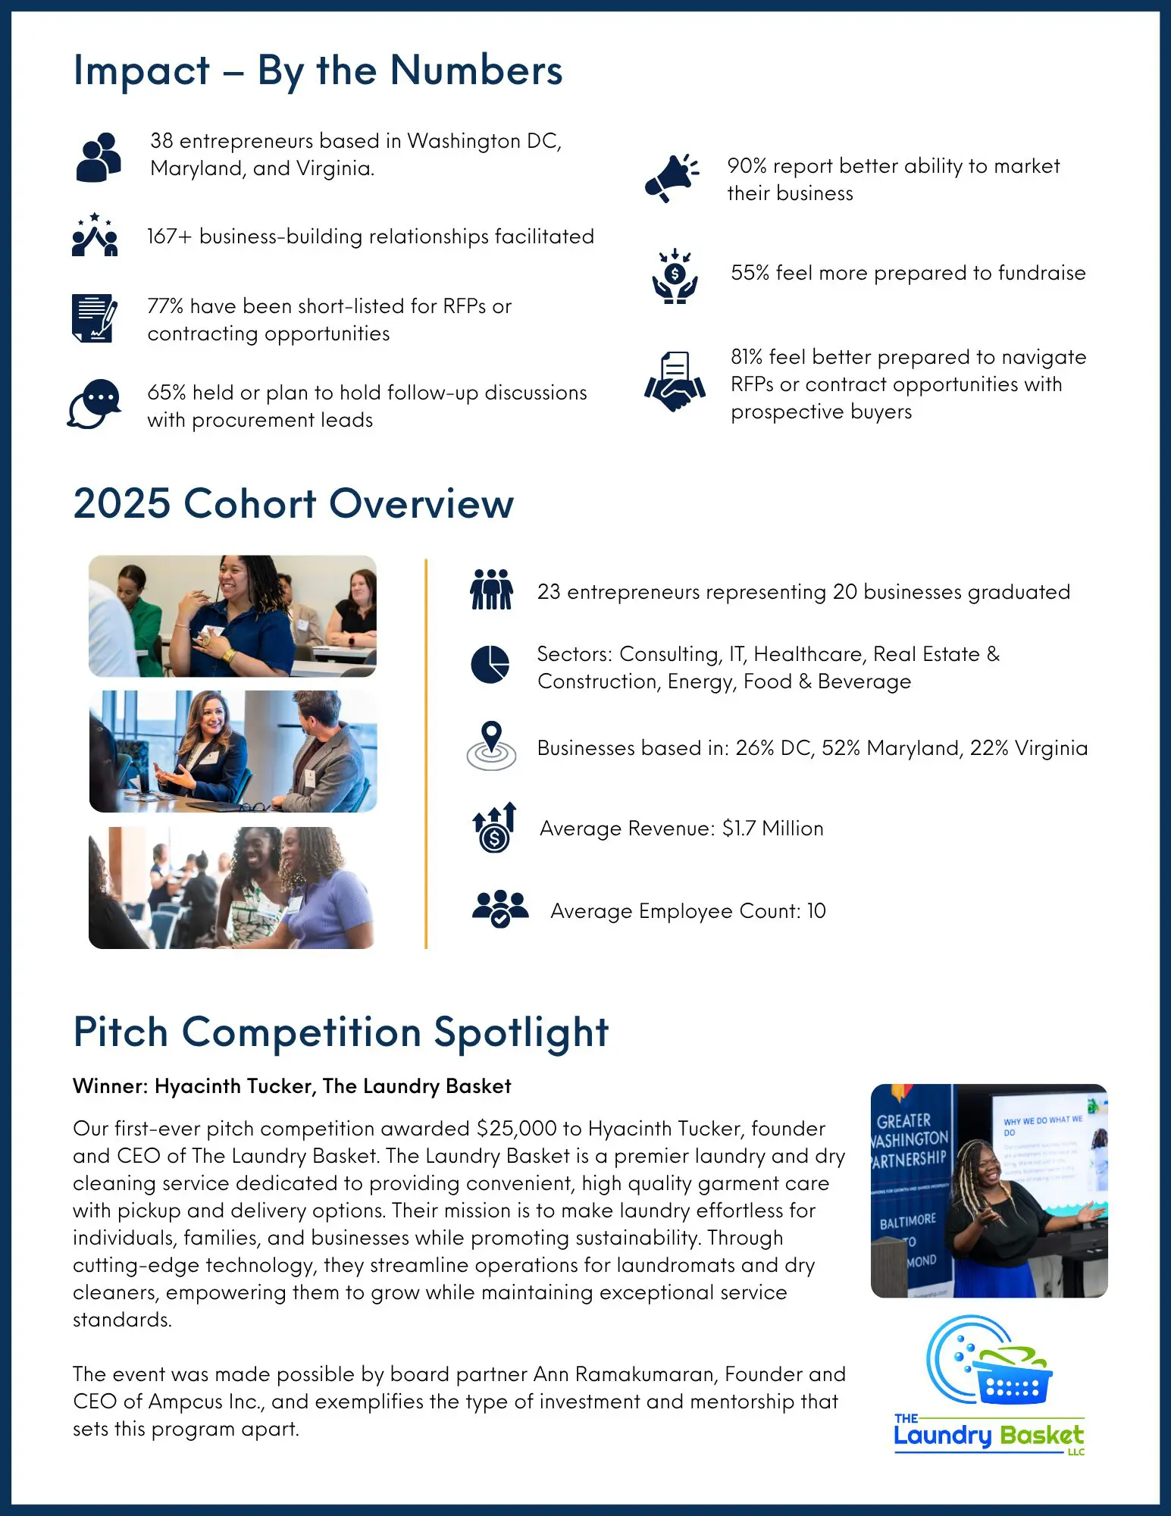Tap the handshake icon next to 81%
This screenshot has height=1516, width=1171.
(x=675, y=382)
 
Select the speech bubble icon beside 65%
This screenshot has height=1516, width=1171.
(x=95, y=404)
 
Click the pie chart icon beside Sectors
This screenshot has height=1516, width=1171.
(x=490, y=665)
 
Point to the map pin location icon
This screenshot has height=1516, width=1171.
(x=492, y=746)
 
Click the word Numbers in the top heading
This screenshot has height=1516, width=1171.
(x=476, y=71)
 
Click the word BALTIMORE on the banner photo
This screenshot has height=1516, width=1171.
(x=907, y=1221)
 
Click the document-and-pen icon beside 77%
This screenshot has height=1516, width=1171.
(x=95, y=318)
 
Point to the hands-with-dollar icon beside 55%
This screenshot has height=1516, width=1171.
(x=675, y=277)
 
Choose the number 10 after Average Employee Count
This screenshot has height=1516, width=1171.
(x=816, y=911)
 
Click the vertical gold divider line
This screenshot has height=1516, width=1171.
(x=426, y=754)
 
